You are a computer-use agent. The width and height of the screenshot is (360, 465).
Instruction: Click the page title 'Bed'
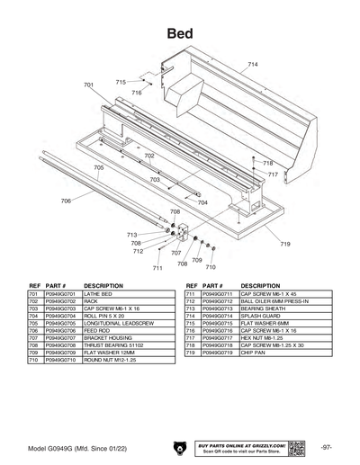pos(180,32)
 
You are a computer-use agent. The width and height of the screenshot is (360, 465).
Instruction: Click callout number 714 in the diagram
pos(253,65)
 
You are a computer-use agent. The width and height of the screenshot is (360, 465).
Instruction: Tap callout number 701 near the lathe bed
pos(88,85)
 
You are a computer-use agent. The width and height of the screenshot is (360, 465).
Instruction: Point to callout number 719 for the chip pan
pos(284,244)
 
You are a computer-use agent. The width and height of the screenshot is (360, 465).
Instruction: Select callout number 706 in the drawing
pos(66,201)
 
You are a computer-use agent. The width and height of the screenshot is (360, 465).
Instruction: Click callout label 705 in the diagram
pos(98,168)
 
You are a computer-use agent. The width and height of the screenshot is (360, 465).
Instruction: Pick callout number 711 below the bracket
pos(157,268)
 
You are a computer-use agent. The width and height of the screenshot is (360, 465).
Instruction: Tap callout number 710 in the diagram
pos(211,267)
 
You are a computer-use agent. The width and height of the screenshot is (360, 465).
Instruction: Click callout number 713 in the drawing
pos(132,235)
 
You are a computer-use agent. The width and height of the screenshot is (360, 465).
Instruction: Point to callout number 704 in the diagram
pos(202,202)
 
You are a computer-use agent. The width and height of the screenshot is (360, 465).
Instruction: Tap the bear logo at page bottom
pos(178,447)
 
